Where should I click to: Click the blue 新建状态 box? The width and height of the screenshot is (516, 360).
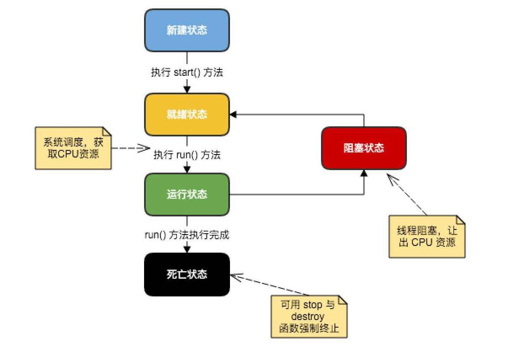pos(187,30)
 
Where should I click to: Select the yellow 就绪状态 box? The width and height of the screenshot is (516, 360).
pos(187,115)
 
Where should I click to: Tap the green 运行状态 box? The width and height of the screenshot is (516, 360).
pos(187,195)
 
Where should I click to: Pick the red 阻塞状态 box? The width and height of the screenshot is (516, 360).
pos(364,148)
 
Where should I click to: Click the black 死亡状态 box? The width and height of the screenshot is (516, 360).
pos(187,275)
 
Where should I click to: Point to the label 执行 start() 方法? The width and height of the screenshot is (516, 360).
pos(187,72)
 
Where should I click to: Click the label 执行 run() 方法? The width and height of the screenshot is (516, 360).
pos(187,155)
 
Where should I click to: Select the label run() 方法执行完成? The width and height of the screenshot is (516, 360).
pos(187,235)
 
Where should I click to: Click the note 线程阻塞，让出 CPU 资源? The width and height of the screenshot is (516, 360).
pos(427,237)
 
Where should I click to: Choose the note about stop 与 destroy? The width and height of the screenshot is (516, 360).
pos(309,317)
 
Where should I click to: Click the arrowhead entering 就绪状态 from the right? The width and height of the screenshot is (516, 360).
pos(233,114)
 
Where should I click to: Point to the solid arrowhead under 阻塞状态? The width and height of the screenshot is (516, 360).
pos(364,173)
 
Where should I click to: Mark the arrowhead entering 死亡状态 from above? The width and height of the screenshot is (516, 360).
pos(187,249)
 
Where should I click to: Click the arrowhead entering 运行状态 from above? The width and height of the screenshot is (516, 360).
pos(187,169)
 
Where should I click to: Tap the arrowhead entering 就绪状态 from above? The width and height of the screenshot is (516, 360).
pos(187,89)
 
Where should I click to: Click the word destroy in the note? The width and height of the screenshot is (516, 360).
pos(309,317)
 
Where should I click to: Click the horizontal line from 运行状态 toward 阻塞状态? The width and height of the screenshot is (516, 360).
pos(295,195)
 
